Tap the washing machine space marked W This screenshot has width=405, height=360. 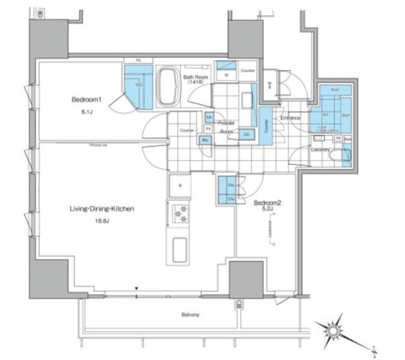point(226,73)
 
